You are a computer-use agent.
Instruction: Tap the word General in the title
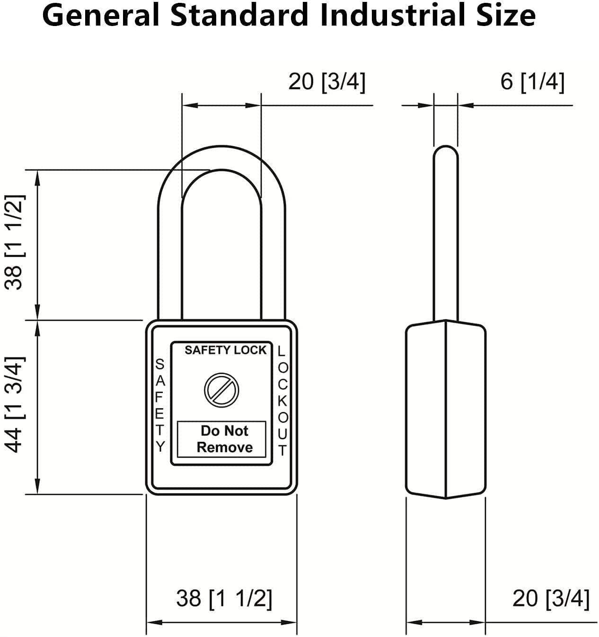[101, 15]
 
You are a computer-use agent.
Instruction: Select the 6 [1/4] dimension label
[532, 81]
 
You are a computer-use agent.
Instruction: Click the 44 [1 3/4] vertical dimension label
[14, 404]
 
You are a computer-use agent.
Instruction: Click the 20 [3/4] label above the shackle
[327, 81]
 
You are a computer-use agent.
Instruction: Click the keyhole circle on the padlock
[221, 390]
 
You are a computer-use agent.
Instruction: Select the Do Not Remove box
[221, 439]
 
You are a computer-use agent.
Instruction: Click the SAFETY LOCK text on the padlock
[225, 350]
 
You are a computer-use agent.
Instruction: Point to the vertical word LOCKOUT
[282, 400]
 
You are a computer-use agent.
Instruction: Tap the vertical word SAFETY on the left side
[160, 405]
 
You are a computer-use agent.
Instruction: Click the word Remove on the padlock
[225, 448]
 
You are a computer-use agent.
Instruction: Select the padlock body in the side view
[446, 409]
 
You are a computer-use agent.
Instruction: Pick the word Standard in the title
[239, 15]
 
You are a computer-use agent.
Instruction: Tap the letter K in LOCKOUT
[282, 401]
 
